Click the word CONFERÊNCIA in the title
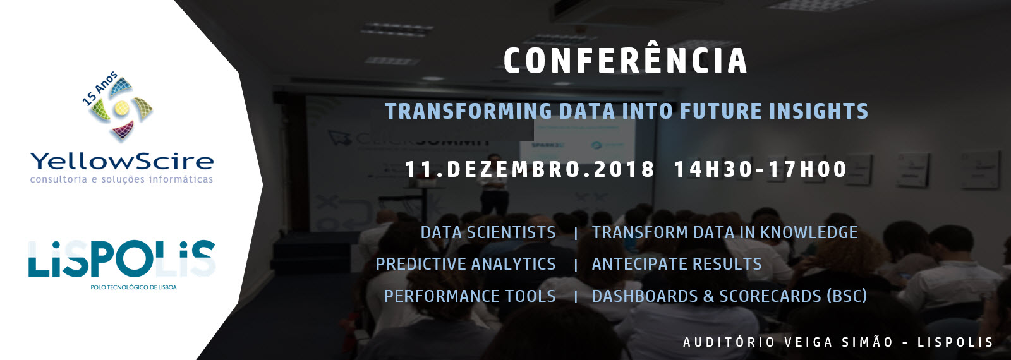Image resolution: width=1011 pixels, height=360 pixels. (x=626, y=60)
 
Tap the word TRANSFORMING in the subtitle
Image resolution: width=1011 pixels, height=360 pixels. (x=468, y=111)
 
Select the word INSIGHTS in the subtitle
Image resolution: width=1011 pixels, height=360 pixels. (x=819, y=111)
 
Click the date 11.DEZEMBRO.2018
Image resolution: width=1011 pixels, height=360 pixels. (x=530, y=170)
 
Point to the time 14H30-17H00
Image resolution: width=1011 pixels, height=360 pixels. (x=761, y=170)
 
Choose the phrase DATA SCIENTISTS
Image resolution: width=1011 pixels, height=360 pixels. (x=488, y=233)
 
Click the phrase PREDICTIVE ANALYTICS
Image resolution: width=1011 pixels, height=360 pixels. (x=466, y=265)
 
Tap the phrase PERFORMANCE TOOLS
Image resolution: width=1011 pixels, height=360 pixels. (x=470, y=296)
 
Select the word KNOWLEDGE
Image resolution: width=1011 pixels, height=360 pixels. (x=809, y=233)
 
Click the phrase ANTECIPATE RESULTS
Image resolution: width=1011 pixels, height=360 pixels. (x=677, y=265)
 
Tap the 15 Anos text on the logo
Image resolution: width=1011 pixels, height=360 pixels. (x=100, y=88)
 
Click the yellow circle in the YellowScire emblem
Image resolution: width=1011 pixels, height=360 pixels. (x=121, y=107)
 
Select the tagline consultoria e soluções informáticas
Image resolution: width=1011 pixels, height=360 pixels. (x=121, y=179)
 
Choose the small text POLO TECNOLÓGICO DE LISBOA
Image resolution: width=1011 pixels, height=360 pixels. (x=133, y=287)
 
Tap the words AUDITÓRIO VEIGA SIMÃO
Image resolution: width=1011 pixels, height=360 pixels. (x=788, y=342)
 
